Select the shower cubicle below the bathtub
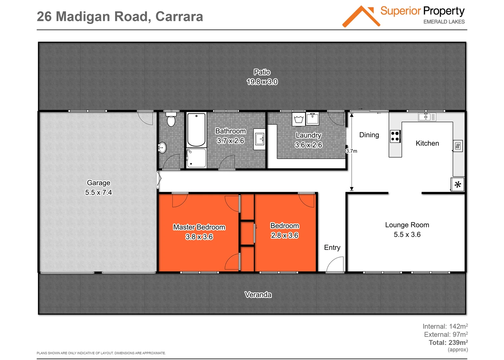tap(196, 158)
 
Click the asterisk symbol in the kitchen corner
tap(458, 184)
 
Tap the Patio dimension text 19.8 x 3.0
tap(262, 82)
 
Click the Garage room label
tap(98, 183)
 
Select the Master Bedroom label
tap(199, 227)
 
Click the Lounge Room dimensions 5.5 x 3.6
tap(407, 234)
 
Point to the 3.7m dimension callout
tap(351, 151)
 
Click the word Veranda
tap(258, 295)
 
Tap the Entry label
tap(332, 247)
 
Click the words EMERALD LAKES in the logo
tap(444, 22)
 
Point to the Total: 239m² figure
tap(448, 342)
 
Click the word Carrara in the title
tap(179, 17)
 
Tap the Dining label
tap(369, 135)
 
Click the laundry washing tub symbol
tap(299, 119)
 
